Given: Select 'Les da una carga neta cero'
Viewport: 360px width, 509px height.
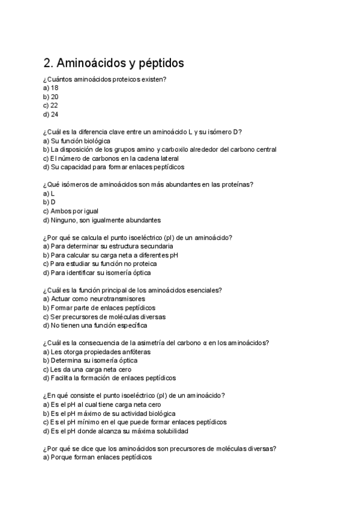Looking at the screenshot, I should [87, 370].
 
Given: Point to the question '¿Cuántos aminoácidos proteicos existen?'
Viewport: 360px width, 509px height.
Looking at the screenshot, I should [104, 79].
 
